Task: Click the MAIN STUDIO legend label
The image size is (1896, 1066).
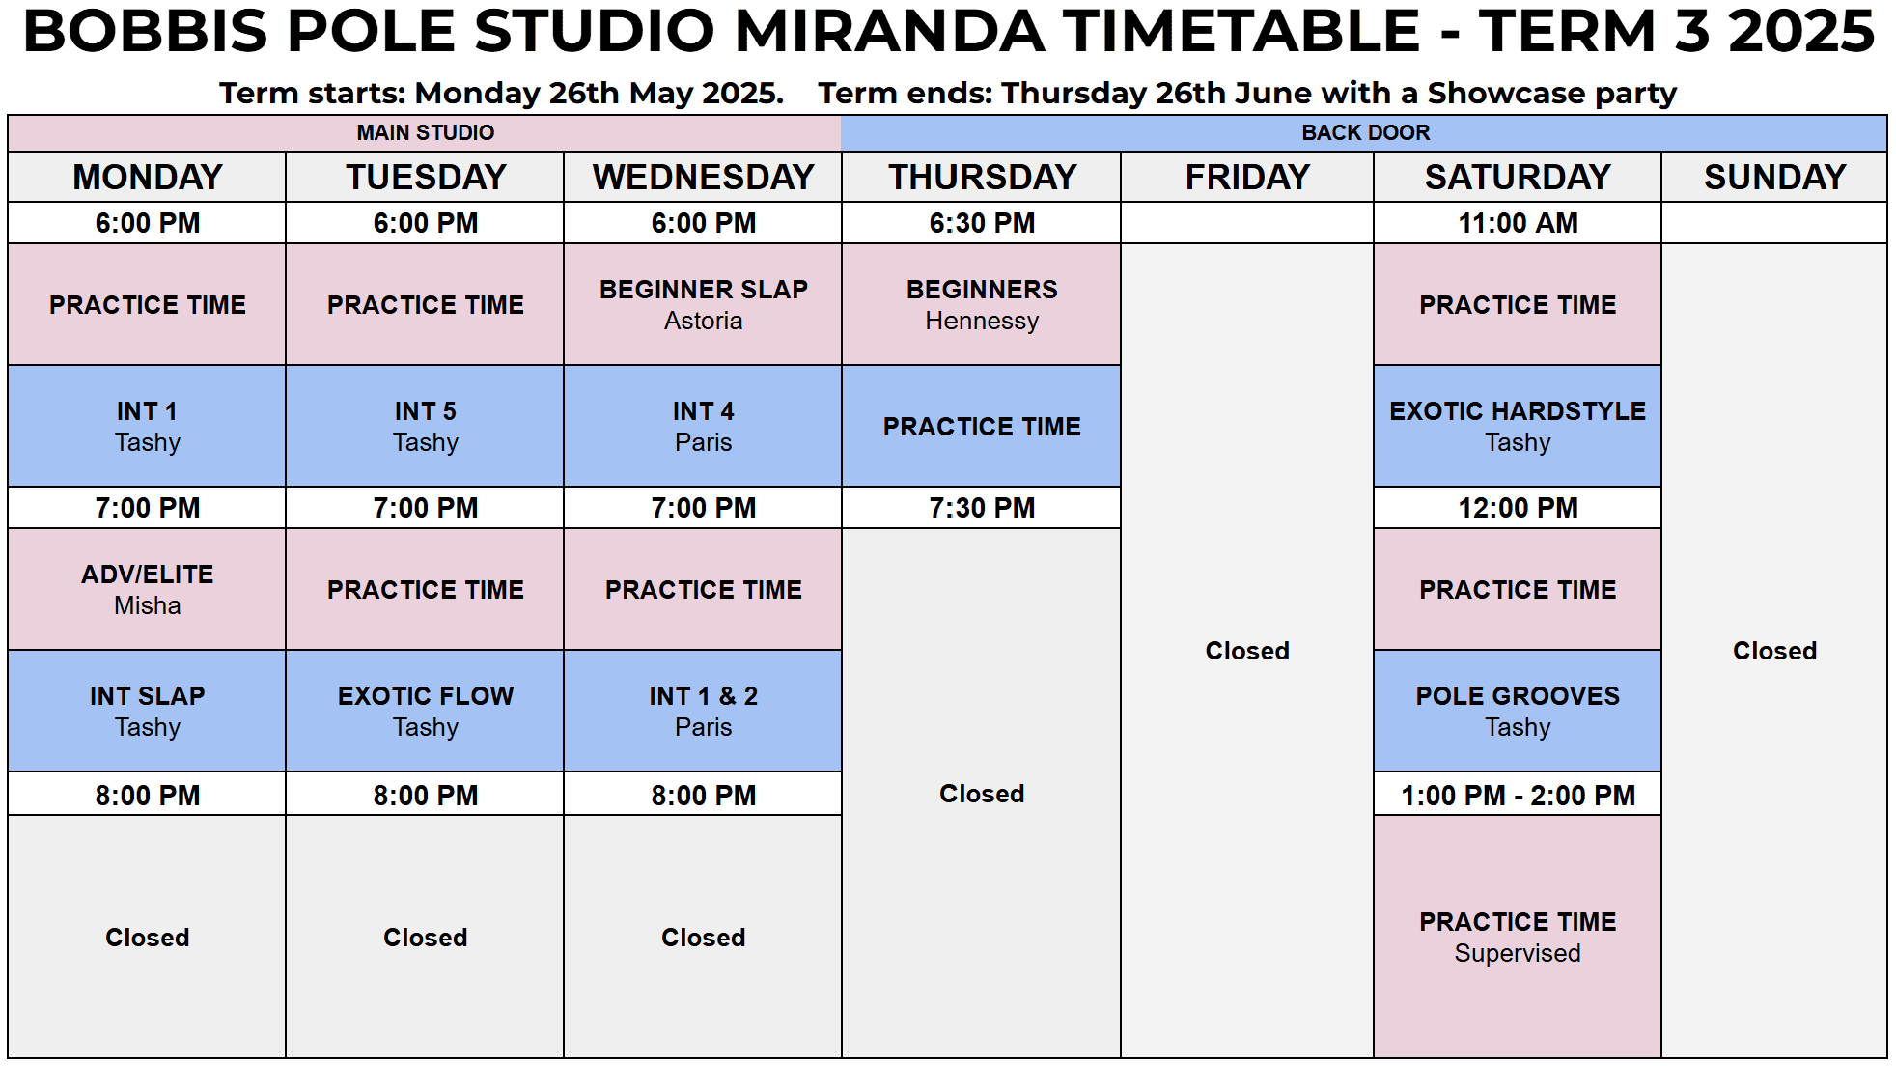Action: (425, 132)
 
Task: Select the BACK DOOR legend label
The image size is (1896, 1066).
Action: (1365, 132)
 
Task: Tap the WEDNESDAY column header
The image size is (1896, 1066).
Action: (703, 177)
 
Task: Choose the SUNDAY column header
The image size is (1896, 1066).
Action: (1774, 177)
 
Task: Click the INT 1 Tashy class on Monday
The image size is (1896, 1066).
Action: (147, 426)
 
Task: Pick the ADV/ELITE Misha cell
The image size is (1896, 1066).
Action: (147, 589)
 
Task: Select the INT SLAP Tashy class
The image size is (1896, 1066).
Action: (147, 711)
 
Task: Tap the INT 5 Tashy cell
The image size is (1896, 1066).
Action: (425, 426)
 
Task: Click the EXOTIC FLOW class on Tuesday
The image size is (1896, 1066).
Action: (425, 711)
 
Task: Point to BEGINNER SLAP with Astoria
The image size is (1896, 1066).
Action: (703, 304)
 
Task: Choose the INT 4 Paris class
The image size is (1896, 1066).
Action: (703, 426)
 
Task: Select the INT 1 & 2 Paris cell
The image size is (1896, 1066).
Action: (703, 711)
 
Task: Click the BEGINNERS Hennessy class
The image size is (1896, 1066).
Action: (982, 304)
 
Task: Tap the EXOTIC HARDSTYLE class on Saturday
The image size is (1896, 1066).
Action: (1518, 426)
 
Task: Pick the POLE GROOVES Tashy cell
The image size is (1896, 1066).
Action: (1518, 711)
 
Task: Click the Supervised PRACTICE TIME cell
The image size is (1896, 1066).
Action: (1518, 937)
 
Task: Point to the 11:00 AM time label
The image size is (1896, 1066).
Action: (1518, 223)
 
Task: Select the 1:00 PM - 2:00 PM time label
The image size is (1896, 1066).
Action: (1518, 796)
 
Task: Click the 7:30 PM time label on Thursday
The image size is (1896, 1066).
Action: (982, 508)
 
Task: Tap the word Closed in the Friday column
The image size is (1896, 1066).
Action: (1247, 651)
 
